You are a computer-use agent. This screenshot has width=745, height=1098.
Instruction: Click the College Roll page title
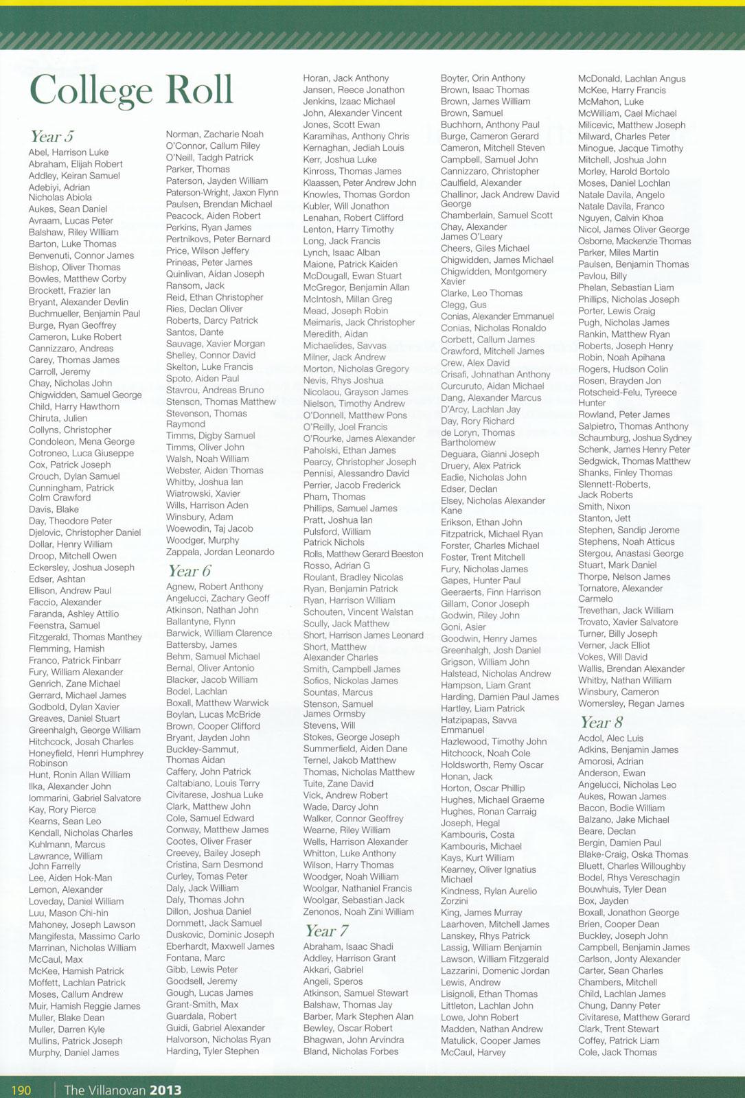click(131, 91)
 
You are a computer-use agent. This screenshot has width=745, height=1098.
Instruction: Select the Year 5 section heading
click(51, 137)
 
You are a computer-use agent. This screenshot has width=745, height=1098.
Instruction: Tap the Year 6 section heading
click(189, 571)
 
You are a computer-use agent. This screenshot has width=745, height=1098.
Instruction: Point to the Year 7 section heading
click(326, 931)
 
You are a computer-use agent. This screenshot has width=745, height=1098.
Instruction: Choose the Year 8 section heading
click(601, 722)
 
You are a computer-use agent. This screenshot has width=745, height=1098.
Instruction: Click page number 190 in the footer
click(21, 1090)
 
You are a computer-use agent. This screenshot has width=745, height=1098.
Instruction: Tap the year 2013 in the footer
click(165, 1090)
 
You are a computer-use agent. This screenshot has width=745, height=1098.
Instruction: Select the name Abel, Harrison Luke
click(69, 152)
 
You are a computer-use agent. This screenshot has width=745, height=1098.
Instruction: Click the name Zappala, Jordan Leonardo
click(220, 552)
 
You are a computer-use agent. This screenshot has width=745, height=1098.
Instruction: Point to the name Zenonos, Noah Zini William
click(358, 911)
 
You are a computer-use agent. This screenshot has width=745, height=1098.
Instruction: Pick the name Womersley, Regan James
click(631, 703)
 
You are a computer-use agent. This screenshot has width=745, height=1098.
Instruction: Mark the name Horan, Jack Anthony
click(346, 78)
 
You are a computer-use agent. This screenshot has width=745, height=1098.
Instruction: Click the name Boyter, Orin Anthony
click(483, 78)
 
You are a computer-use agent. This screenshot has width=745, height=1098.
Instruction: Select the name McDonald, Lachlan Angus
click(632, 79)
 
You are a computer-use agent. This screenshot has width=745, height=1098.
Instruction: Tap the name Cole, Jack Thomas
click(617, 1052)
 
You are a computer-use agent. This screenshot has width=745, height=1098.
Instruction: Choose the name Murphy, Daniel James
click(73, 1053)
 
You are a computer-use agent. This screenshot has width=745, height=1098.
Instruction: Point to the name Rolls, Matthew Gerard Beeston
click(363, 554)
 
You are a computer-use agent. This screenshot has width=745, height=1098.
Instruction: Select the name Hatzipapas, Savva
click(479, 720)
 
